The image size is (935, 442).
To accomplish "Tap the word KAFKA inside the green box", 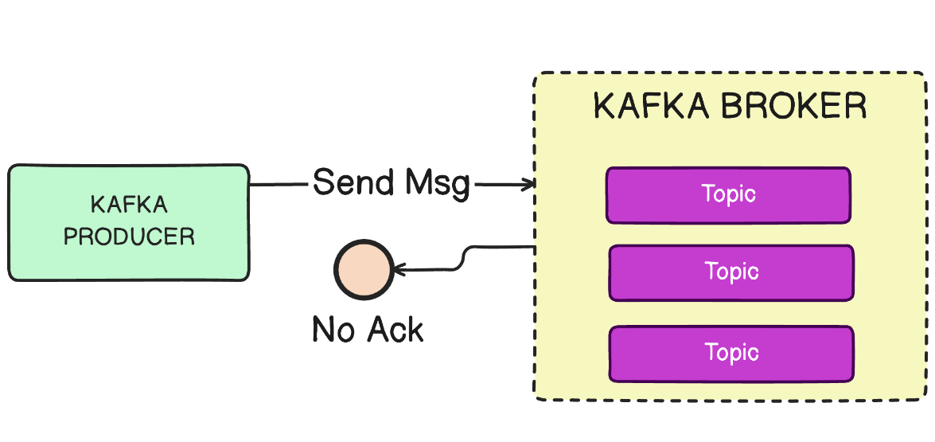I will click(129, 205).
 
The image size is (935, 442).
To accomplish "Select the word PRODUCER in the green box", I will click(129, 237).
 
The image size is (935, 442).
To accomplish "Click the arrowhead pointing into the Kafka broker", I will click(528, 185).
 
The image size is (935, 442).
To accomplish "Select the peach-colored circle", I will click(363, 270).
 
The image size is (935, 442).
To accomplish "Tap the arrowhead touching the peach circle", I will click(399, 270).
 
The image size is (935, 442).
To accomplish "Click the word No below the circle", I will click(333, 329).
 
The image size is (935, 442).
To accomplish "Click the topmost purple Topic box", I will click(727, 195).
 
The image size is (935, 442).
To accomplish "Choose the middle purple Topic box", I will click(730, 272).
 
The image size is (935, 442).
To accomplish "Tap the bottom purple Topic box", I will click(730, 353).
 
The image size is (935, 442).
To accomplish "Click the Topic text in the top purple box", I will click(728, 194).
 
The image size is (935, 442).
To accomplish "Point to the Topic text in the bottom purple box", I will click(731, 352).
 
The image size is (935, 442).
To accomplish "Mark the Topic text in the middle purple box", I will click(731, 272).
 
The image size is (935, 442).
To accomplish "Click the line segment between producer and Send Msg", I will click(279, 185).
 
